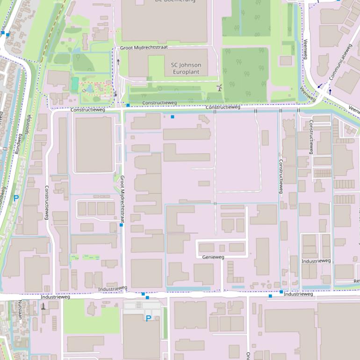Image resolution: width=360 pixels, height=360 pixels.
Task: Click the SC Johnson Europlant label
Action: point(186,68)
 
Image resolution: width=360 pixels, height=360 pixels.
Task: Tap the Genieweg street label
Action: point(213,257)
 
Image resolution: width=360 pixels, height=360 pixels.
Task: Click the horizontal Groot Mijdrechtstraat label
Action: point(144,48)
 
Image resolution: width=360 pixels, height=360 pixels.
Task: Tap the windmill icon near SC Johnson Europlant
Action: point(218,87)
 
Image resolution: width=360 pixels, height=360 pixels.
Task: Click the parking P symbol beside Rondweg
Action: point(16,198)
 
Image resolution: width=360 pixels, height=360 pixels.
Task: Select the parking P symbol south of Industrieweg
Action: point(148,318)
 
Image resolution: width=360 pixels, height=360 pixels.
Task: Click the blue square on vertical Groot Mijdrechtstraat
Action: point(121,225)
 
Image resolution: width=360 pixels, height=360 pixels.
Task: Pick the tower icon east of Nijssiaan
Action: point(43,306)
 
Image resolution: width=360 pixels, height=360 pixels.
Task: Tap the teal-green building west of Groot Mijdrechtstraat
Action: point(75,84)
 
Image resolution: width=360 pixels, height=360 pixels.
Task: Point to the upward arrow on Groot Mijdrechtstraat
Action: point(118,61)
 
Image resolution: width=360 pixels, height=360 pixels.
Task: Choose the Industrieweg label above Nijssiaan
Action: point(55,297)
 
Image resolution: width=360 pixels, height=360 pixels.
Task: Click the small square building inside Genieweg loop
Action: point(222,248)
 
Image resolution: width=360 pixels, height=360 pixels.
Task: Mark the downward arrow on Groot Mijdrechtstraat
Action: point(115,94)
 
